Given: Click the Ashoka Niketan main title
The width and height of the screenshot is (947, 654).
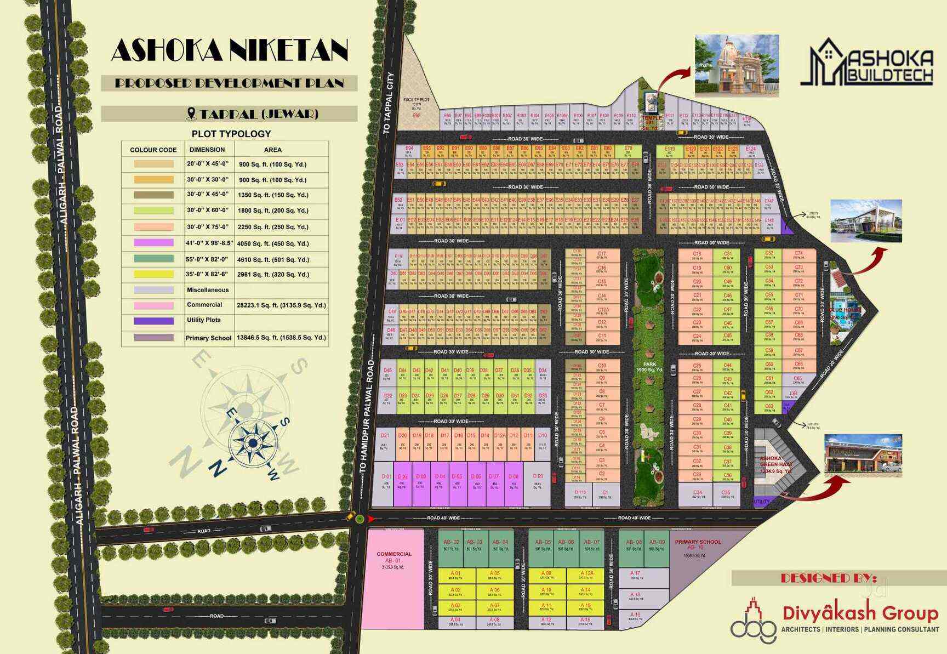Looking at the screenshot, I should [230, 50].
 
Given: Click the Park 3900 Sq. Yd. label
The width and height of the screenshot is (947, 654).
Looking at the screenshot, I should [649, 367].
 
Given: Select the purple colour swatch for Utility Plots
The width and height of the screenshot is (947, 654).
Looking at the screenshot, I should [153, 321].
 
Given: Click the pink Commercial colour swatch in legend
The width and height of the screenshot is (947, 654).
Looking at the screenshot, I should [153, 305].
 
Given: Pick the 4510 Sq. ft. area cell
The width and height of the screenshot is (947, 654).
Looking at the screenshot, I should [273, 259].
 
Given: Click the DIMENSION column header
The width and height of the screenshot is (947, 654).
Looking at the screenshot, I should [207, 150].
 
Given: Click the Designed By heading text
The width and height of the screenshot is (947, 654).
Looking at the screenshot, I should [828, 578].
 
